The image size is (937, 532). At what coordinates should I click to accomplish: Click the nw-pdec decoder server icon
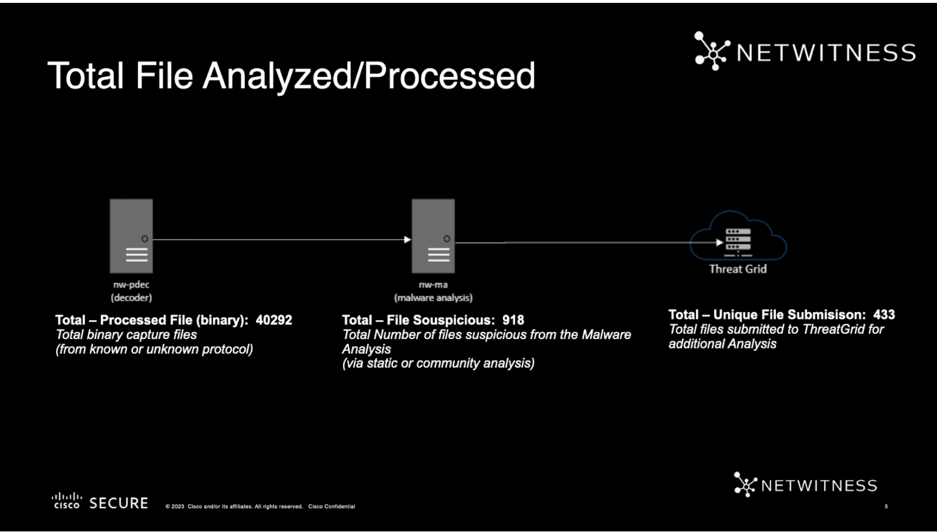click(131, 236)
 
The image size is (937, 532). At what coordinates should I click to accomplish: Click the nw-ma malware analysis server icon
click(433, 236)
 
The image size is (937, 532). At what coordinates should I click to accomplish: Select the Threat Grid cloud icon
click(738, 236)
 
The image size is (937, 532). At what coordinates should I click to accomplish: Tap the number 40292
click(274, 320)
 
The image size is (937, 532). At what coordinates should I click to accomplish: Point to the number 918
click(513, 320)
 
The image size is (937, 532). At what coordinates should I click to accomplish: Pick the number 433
click(884, 314)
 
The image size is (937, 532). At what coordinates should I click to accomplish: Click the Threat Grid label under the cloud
click(738, 269)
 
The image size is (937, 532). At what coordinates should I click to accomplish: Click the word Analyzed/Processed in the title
click(369, 76)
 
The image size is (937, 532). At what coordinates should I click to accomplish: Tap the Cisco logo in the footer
click(67, 500)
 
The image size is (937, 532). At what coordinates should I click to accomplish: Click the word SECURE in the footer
click(119, 503)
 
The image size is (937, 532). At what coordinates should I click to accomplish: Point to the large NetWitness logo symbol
click(712, 51)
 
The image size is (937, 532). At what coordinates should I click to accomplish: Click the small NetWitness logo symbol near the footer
click(745, 484)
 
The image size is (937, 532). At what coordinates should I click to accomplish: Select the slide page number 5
click(886, 506)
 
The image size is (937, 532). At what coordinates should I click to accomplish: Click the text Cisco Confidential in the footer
click(332, 506)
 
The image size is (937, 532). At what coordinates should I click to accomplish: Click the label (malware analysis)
click(433, 298)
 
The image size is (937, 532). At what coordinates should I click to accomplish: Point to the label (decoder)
click(132, 298)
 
